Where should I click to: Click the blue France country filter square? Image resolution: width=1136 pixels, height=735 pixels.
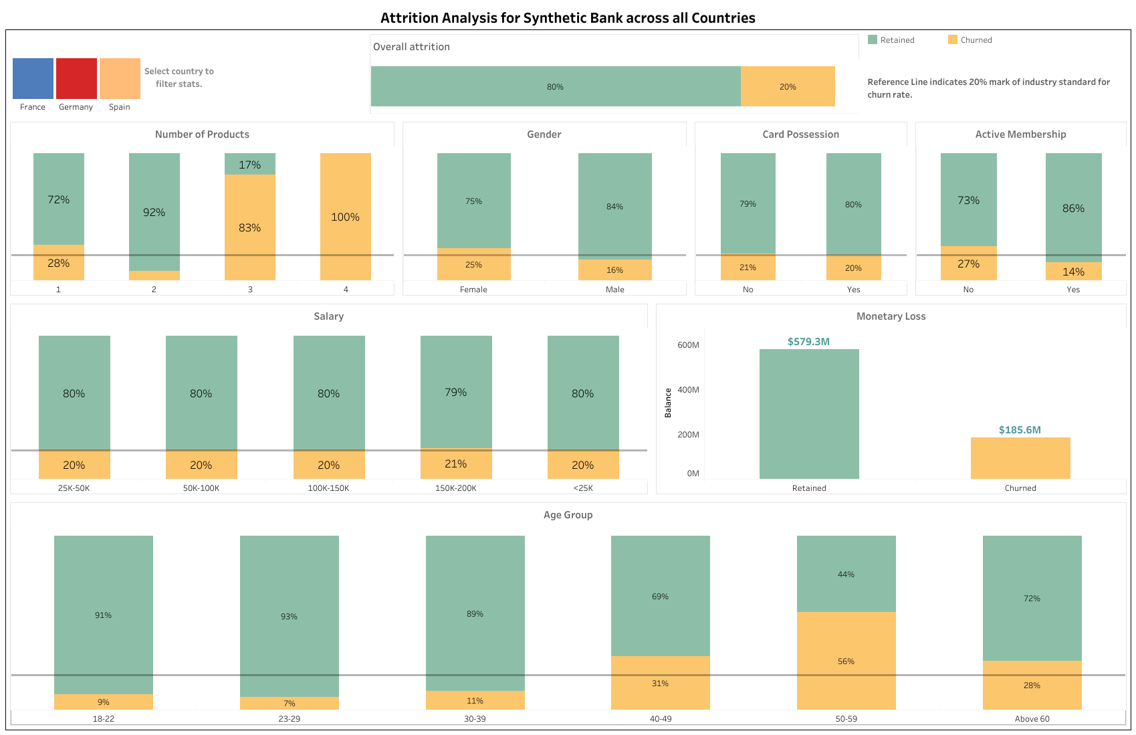(x=33, y=78)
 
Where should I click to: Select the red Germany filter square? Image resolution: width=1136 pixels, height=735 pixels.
(x=76, y=78)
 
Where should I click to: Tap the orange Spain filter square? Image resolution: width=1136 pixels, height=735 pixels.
(x=120, y=78)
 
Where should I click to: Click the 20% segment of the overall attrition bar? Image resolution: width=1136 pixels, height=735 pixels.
(x=788, y=86)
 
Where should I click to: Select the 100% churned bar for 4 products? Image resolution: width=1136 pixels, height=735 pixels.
(x=345, y=217)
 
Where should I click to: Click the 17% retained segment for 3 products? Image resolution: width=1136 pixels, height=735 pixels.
(x=249, y=164)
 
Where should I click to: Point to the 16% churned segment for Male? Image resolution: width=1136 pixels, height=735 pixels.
(x=614, y=270)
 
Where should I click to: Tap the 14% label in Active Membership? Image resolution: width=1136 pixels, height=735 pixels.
(x=1073, y=272)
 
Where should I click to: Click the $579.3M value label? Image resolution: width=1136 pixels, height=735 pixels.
(x=808, y=342)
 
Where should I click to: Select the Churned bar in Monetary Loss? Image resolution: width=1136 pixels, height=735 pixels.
(x=1020, y=458)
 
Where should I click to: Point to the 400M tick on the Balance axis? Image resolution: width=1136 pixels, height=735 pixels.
(x=688, y=390)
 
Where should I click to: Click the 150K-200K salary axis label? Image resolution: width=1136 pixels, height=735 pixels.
(x=455, y=488)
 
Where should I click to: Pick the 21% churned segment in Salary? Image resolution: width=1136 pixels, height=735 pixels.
(x=455, y=463)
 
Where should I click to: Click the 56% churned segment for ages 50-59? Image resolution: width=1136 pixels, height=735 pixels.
(x=846, y=661)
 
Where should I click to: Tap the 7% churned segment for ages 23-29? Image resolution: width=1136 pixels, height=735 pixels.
(x=289, y=703)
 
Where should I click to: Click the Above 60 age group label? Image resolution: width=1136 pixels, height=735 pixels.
(x=1032, y=719)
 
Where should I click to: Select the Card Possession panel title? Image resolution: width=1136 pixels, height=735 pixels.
(x=800, y=134)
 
